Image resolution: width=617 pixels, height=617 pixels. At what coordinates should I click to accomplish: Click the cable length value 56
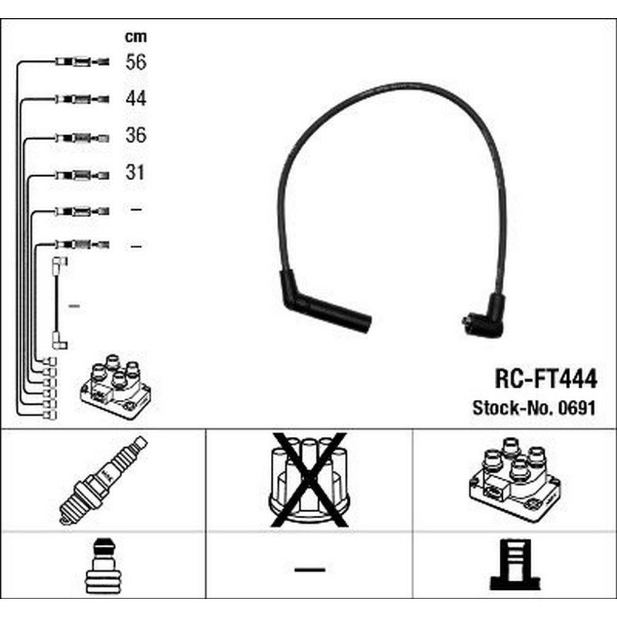pos(136,62)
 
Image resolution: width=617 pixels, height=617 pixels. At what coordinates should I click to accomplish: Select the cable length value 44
pos(136,98)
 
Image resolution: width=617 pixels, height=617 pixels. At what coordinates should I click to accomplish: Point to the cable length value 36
pos(136,135)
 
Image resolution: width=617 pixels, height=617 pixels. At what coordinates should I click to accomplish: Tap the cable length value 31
pos(135,172)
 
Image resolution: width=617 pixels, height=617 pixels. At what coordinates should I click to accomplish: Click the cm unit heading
pos(136,36)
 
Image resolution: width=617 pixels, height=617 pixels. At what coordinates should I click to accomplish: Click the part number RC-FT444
pos(546,379)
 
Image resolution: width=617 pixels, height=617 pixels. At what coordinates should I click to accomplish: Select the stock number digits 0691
pos(578,408)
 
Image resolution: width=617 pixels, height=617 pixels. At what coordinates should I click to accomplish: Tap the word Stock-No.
pos(513,408)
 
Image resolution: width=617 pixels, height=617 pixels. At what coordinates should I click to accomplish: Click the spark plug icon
pos(104,481)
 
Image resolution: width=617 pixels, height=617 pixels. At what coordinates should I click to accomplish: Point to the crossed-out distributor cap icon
pos(309,480)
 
